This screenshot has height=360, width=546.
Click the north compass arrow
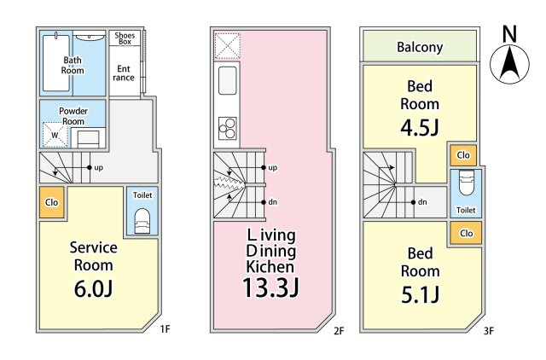pyautogui.click(x=509, y=61)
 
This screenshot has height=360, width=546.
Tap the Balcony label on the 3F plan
pyautogui.click(x=420, y=47)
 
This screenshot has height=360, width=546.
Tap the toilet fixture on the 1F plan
pyautogui.click(x=142, y=219)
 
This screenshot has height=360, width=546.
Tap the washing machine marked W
pyautogui.click(x=55, y=135)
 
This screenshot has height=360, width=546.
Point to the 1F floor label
pyautogui.click(x=164, y=328)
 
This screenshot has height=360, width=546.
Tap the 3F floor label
pyautogui.click(x=487, y=328)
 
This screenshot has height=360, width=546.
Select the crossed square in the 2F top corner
pyautogui.click(x=228, y=45)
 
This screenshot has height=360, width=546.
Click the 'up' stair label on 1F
pyautogui.click(x=98, y=167)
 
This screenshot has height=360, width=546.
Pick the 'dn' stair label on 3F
pyautogui.click(x=421, y=202)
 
